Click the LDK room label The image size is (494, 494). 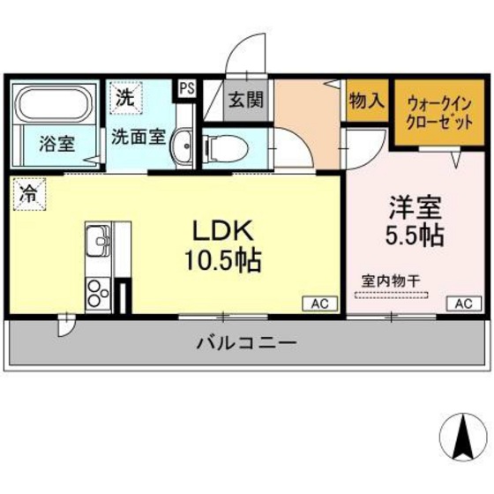tap(224, 230)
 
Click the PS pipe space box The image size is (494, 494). tap(186, 87)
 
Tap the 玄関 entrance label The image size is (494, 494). tap(247, 101)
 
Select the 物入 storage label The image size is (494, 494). tap(366, 101)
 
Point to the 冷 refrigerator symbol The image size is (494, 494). tap(29, 194)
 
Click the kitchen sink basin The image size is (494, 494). tap(97, 240)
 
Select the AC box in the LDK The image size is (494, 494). tap(319, 303)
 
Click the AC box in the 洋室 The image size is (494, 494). tap(462, 303)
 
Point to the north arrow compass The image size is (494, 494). tap(461, 434)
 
